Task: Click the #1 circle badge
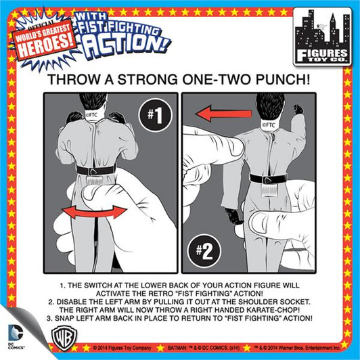coord(156,115)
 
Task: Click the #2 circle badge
coord(204,251)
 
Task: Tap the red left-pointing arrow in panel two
coord(223,114)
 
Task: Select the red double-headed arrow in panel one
coord(94,212)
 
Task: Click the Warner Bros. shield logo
coord(64,338)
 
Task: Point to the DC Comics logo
coord(16,336)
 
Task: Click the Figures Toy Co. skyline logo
coord(322,37)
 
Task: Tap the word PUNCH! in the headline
coord(283,79)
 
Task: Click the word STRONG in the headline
coord(148,79)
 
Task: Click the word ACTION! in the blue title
coord(126,45)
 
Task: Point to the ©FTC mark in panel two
coord(269,125)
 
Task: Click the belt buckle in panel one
coord(95,171)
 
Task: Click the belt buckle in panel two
coord(268,179)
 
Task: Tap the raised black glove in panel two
coord(298,110)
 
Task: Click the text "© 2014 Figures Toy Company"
coord(122,348)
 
